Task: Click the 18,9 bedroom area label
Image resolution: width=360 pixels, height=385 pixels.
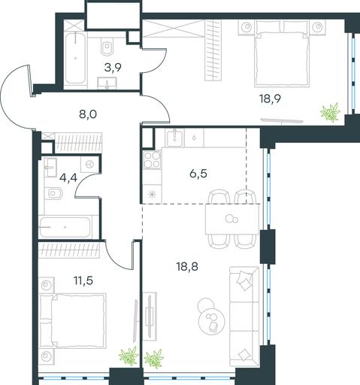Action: point(270,99)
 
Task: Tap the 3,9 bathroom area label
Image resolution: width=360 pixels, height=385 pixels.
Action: point(113,68)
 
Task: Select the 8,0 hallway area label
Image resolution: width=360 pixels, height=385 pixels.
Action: point(88,114)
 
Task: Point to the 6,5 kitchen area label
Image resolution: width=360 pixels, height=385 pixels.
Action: point(198,174)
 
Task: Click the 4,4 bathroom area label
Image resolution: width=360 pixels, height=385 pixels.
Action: point(68,178)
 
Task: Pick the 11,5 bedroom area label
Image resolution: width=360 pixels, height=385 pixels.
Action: point(83,280)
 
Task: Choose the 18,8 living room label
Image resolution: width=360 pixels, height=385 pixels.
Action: point(187,267)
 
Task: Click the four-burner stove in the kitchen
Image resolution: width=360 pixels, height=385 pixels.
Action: point(152,160)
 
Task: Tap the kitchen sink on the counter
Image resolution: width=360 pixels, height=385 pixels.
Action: point(174,138)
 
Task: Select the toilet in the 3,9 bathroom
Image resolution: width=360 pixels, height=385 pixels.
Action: point(107,47)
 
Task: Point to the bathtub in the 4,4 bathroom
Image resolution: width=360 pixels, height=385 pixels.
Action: point(65,227)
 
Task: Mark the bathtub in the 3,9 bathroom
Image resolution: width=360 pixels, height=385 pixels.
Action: point(75,58)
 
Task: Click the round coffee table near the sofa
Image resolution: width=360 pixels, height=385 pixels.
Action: point(212,321)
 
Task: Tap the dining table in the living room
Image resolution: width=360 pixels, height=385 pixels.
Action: point(232,219)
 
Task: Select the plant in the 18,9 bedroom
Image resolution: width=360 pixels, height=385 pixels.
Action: point(331,113)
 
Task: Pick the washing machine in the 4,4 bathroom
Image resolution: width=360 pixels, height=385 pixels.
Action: point(89,165)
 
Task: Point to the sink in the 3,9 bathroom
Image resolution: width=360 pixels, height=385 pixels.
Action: point(107,83)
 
